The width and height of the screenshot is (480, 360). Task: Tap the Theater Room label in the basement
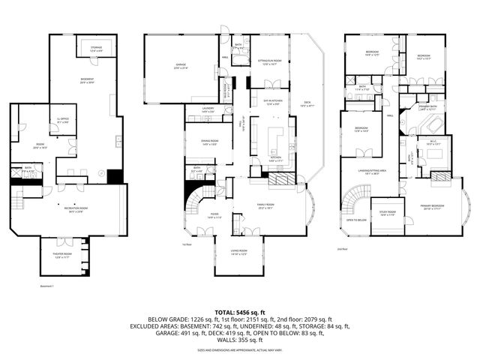[x=63, y=255]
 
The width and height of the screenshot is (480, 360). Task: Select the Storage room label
[x=96, y=49]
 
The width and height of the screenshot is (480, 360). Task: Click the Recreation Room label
[x=73, y=210]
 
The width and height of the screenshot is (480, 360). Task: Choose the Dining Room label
[x=199, y=142]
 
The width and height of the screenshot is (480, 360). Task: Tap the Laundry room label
[x=208, y=110]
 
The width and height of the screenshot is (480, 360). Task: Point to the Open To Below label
[x=357, y=220]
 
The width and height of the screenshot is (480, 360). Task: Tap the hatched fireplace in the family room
[x=283, y=180]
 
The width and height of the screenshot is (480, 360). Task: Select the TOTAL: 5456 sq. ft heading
[x=239, y=311]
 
